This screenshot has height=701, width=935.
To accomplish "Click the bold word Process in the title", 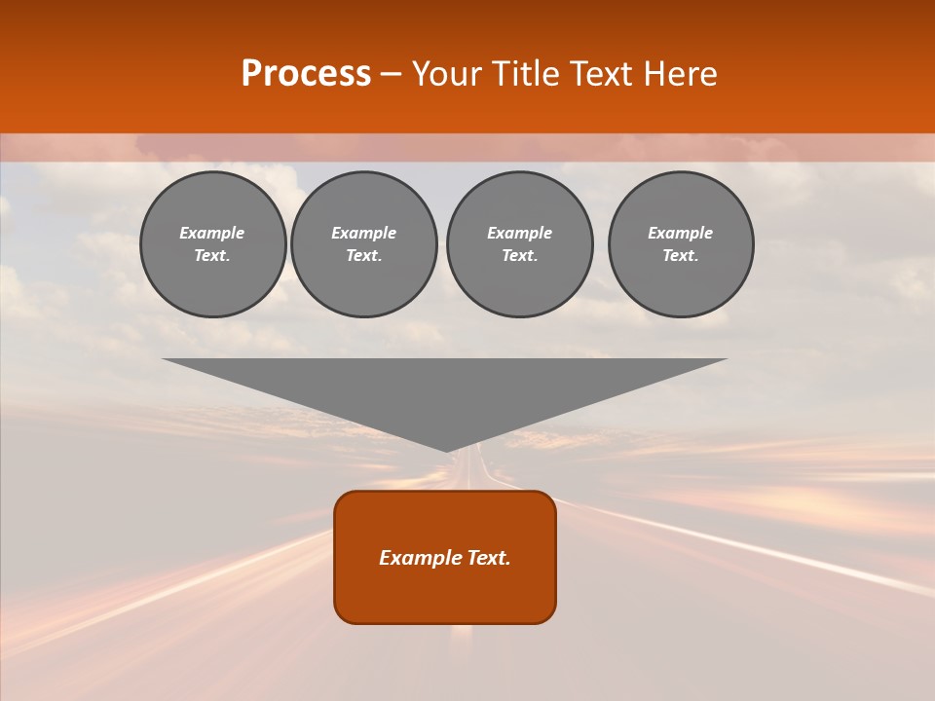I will [x=306, y=74].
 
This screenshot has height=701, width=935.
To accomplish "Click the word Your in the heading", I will [x=446, y=74].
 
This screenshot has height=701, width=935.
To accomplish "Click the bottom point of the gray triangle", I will [x=446, y=449].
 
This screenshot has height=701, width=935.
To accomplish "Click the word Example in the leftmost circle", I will [x=212, y=233].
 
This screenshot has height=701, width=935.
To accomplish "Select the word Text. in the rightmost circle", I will [x=681, y=255].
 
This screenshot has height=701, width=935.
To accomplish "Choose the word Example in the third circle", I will [x=520, y=233].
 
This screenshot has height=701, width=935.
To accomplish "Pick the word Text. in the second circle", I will [x=364, y=255].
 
